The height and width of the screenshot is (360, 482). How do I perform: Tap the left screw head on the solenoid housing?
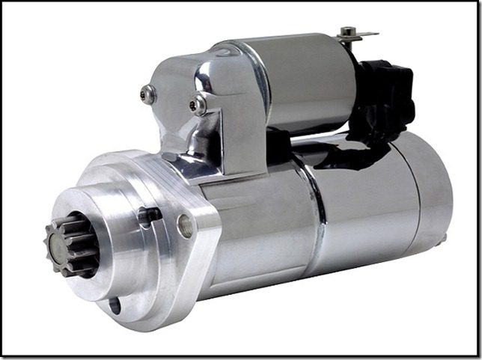point(148,94)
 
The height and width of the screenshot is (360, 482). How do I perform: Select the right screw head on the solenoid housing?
point(198,105)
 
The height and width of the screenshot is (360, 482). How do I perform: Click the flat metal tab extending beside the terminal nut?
point(367,34)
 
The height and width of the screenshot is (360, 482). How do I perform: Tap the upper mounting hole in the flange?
point(185,225)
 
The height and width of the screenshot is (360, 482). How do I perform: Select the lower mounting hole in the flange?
point(114,305)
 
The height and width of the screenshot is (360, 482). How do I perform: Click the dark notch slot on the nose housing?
point(150,215)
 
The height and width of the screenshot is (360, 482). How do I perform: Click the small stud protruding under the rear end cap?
point(442,240)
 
